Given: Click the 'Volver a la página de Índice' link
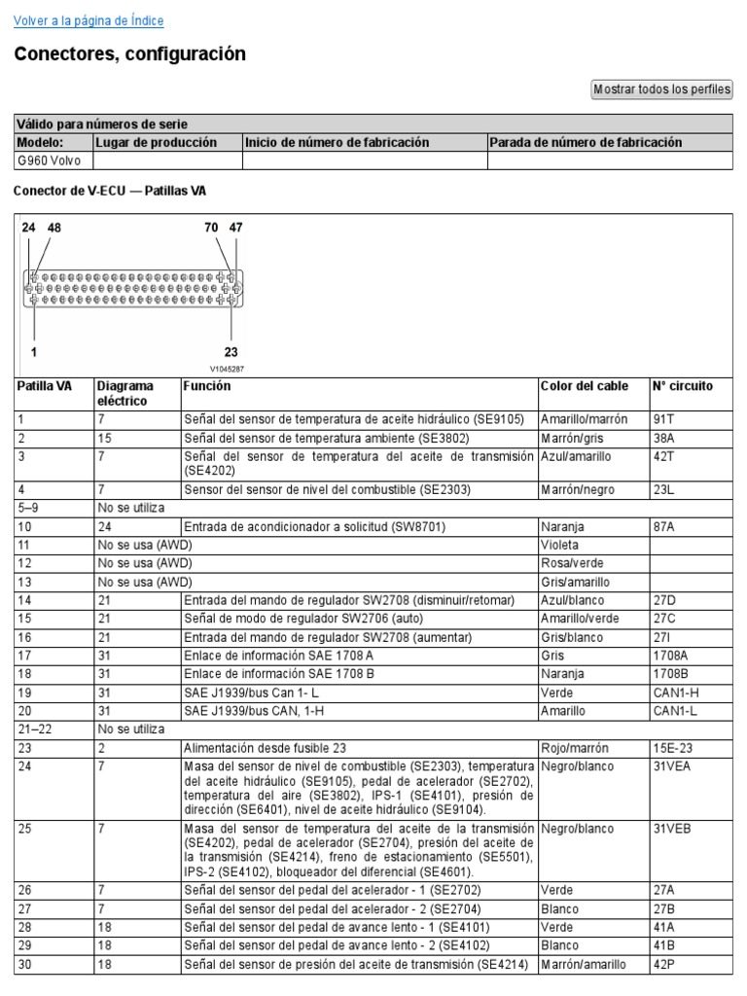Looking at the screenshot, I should click(x=89, y=20).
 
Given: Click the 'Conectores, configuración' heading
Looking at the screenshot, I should click(x=129, y=54).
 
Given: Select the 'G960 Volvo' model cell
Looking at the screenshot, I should click(x=49, y=160).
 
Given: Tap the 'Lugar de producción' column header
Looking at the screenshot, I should click(x=157, y=142).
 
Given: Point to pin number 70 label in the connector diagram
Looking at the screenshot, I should click(x=211, y=228).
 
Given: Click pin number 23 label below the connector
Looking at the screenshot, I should click(x=231, y=352).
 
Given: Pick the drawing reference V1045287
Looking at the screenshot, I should click(x=227, y=369).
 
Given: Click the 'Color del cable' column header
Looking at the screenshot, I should click(x=585, y=386).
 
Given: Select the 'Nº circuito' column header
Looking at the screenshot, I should click(x=683, y=386).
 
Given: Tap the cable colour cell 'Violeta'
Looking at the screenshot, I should click(x=560, y=545).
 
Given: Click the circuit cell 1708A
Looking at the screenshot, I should click(x=670, y=656).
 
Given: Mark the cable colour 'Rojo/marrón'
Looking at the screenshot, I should click(x=575, y=748).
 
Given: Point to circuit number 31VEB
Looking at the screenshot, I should click(x=671, y=829).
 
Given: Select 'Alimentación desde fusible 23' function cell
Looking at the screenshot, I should click(x=265, y=748).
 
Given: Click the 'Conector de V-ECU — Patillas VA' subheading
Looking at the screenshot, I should click(x=110, y=192).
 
